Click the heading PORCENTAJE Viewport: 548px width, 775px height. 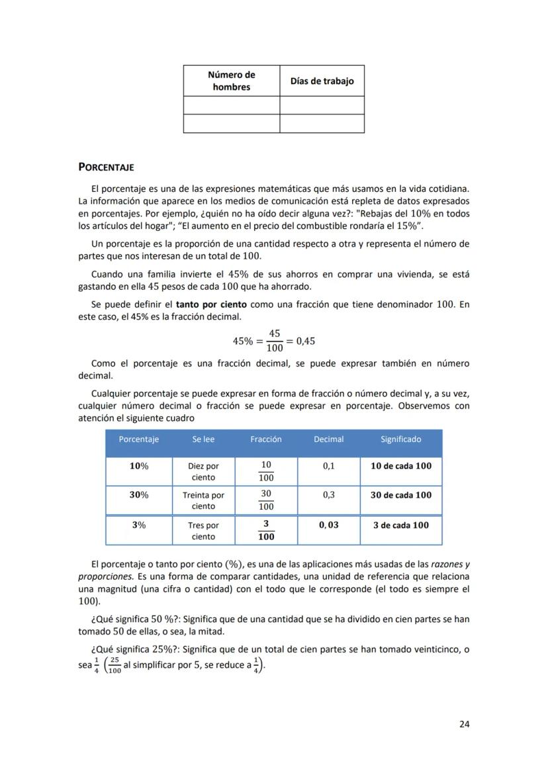[x=106, y=167]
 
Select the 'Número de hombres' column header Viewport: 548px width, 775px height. [x=231, y=81]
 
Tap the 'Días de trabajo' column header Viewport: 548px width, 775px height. [x=322, y=81]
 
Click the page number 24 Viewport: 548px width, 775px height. [x=464, y=723]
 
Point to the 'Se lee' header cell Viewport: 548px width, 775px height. [x=203, y=439]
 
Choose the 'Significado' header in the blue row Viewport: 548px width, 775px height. [x=400, y=439]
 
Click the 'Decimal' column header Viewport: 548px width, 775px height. [x=328, y=439]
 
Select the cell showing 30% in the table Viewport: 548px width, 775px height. [x=139, y=495]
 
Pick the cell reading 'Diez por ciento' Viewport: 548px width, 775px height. [x=203, y=471]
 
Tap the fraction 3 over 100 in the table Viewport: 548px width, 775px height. [x=266, y=530]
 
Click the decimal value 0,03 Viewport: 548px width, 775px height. [x=328, y=525]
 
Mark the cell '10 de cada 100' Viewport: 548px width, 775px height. [x=400, y=466]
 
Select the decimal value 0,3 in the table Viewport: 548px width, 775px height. [x=328, y=495]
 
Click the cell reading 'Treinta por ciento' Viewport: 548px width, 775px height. [x=203, y=500]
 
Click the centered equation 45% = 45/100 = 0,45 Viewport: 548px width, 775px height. [x=274, y=342]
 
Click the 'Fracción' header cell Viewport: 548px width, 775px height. [x=266, y=439]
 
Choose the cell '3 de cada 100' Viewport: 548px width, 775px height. [x=400, y=525]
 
